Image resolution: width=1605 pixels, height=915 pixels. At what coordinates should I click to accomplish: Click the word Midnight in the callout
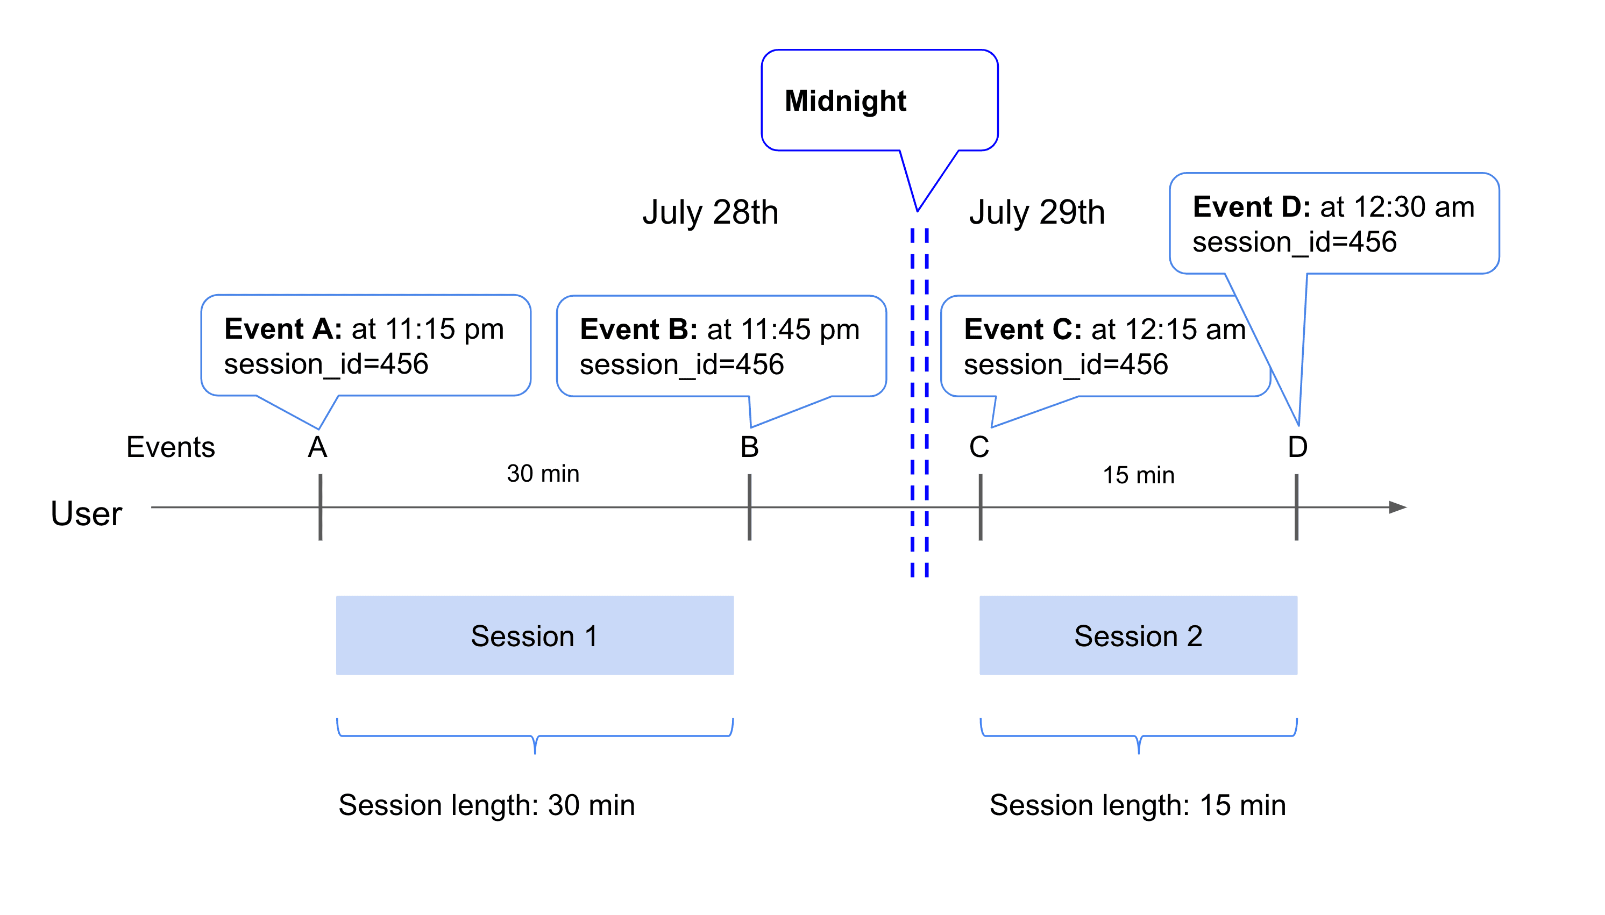click(x=845, y=101)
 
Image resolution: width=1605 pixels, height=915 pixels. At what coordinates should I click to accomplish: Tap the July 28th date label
click(x=710, y=212)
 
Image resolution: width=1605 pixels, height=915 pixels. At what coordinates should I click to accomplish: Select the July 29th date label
click(x=1036, y=212)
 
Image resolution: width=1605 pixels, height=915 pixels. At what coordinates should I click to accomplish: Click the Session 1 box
click(x=534, y=635)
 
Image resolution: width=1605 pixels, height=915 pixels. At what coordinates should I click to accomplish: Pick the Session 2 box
click(x=1138, y=635)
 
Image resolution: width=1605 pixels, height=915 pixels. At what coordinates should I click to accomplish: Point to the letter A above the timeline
click(x=317, y=447)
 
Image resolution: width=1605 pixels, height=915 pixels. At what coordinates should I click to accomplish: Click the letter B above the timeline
click(x=749, y=447)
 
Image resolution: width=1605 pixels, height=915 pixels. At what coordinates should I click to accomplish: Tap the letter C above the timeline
click(x=979, y=447)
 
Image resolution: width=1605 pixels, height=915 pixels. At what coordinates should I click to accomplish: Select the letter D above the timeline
click(x=1297, y=447)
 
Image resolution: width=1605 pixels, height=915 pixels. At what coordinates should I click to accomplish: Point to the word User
click(x=86, y=514)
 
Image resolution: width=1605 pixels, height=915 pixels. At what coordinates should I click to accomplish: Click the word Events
click(x=171, y=447)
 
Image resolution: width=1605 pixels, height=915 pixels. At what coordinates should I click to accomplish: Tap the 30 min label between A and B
click(x=543, y=474)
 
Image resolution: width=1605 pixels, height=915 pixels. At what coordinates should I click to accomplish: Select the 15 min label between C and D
click(x=1138, y=476)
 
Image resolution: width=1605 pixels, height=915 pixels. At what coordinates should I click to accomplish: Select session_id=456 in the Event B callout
click(x=681, y=365)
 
